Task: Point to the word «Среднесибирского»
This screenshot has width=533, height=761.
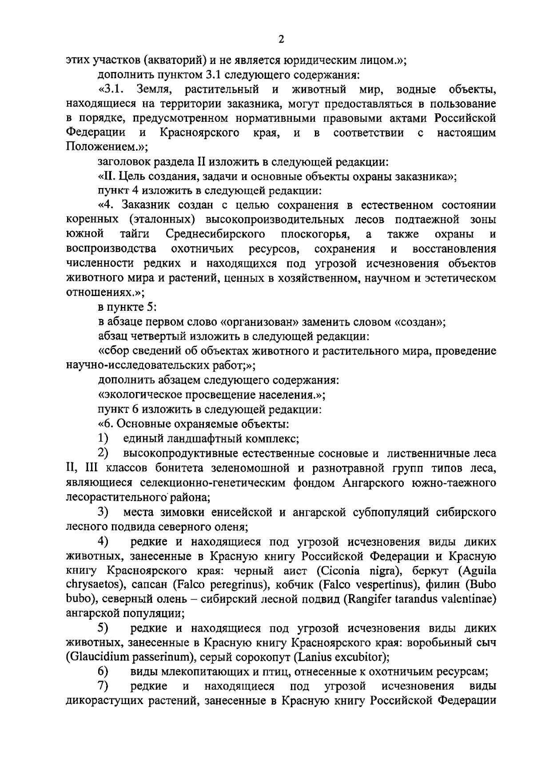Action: tap(216, 234)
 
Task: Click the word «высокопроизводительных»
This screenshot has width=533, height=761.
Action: tap(274, 220)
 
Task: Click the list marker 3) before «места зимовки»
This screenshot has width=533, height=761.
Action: tap(103, 512)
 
